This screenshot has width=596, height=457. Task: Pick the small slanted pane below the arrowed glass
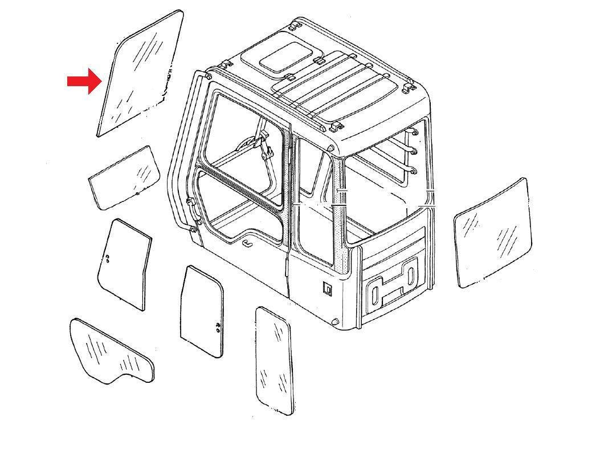coord(124,177)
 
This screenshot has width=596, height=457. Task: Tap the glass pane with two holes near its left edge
coord(124,264)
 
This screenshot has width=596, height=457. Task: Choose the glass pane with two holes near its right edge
coord(202,311)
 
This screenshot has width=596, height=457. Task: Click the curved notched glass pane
coord(111,351)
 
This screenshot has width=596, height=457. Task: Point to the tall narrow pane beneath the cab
coord(274,360)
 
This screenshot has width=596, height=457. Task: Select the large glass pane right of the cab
coord(493,233)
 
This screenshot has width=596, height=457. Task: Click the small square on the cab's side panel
coord(328,288)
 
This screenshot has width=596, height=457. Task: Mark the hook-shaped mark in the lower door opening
coord(248,244)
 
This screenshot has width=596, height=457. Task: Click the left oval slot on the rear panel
coord(375,296)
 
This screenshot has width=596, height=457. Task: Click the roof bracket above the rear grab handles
coord(408,88)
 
